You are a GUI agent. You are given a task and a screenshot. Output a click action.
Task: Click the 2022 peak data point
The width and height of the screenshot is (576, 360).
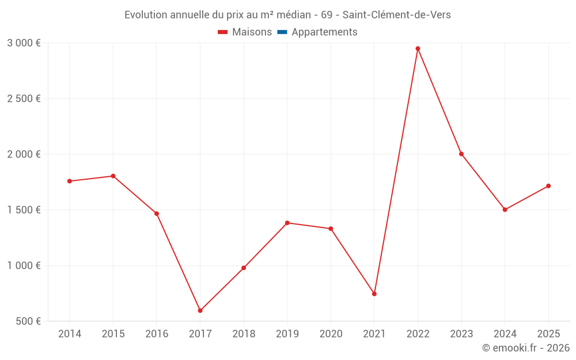coord(418,48)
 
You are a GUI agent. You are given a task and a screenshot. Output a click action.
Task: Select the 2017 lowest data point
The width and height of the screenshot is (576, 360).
coord(200,310)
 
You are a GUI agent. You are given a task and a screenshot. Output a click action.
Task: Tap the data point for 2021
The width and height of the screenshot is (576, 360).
coord(374,294)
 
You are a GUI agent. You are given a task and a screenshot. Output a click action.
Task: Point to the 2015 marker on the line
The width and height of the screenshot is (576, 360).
coord(113,176)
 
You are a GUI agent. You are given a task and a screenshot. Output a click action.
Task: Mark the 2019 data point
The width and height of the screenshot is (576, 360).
coord(287,223)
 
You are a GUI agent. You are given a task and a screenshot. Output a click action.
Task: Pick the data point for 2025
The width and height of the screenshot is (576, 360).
coord(548,186)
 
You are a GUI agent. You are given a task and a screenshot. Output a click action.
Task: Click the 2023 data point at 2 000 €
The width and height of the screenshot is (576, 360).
coord(461,154)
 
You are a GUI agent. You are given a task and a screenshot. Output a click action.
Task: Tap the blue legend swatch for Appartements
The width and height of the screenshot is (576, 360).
coord(282,32)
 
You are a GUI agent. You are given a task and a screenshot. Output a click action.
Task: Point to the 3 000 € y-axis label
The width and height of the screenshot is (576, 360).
coord(24,43)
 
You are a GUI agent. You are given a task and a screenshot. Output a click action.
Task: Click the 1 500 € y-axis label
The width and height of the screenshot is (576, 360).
coord(24,210)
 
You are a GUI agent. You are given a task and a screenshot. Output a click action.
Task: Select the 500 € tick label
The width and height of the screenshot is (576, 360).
coord(28,321)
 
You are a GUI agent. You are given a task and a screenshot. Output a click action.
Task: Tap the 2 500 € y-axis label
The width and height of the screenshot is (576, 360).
coord(24,98)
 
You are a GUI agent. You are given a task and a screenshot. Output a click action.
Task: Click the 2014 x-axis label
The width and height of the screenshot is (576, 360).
coord(70,334)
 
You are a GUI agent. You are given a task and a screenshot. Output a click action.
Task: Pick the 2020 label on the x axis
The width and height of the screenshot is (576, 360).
coord(331,334)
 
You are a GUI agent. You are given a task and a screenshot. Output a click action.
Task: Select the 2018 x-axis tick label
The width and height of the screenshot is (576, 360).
coord(244,334)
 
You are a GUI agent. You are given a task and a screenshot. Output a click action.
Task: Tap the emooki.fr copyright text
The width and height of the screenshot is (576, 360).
coord(526,348)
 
